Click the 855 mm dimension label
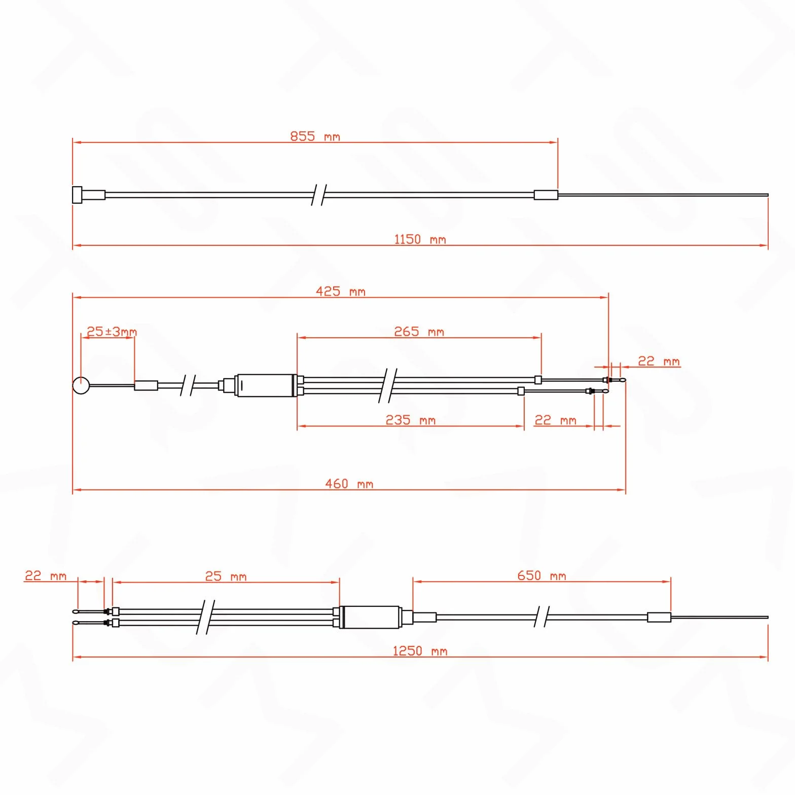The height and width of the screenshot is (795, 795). click(x=315, y=136)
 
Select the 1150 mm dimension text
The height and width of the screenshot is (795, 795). click(x=420, y=239)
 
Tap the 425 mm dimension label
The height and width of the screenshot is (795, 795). click(x=340, y=292)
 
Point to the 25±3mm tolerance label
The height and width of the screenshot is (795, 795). click(x=112, y=332)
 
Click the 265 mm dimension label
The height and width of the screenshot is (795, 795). click(x=419, y=332)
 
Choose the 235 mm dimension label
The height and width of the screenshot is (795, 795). click(x=410, y=420)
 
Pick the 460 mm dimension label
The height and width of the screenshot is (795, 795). click(x=349, y=484)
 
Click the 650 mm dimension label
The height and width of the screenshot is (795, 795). click(x=541, y=575)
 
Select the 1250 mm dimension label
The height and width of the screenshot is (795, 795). click(x=420, y=651)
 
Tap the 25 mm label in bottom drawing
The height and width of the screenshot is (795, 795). click(x=226, y=576)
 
